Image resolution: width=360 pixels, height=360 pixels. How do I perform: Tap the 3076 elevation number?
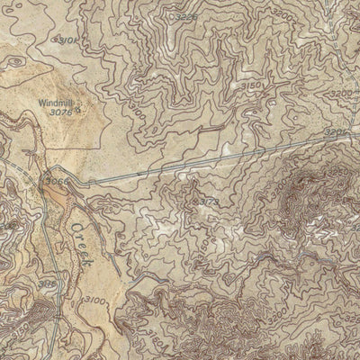coord(61,113)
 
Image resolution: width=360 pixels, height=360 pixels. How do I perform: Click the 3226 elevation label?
coord(186,16)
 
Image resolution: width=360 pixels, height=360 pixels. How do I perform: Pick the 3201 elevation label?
coord(335,132)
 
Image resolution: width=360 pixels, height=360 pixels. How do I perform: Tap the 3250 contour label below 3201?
coord(337,169)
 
